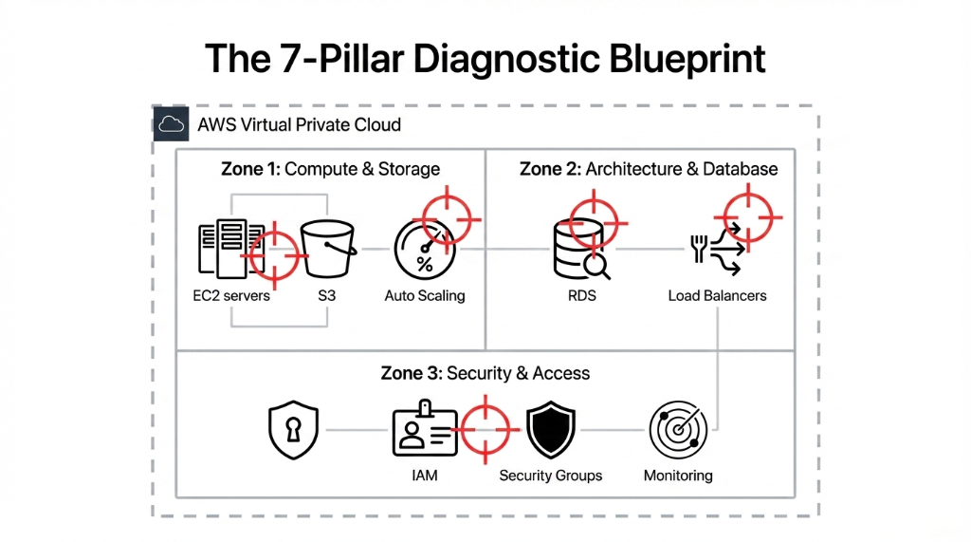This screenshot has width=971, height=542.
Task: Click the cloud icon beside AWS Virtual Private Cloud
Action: pyautogui.click(x=171, y=124)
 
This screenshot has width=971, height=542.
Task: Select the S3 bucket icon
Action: pyautogui.click(x=327, y=249)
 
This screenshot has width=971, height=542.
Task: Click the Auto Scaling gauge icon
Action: pyautogui.click(x=425, y=249)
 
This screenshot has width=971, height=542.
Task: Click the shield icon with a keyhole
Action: pyautogui.click(x=292, y=429)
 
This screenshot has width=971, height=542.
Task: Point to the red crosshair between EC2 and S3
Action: pyautogui.click(x=275, y=254)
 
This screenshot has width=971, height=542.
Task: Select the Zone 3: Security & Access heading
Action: pyautogui.click(x=485, y=373)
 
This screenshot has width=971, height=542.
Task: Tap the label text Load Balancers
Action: pyautogui.click(x=717, y=295)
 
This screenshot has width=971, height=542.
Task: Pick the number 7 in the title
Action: pyautogui.click(x=284, y=59)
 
